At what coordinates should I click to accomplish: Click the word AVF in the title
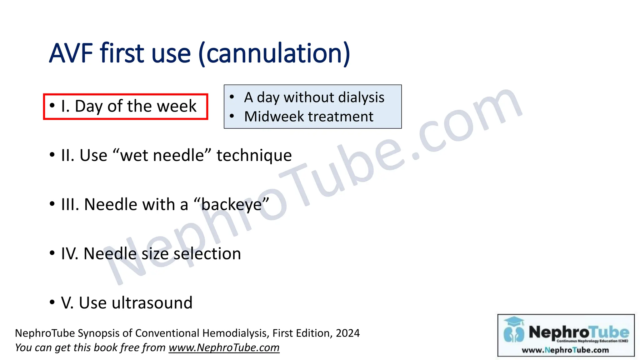pyautogui.click(x=71, y=53)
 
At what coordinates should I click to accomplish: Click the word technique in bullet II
pyautogui.click(x=254, y=155)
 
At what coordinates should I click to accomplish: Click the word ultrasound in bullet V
pyautogui.click(x=152, y=302)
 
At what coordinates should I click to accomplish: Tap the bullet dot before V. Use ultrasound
pyautogui.click(x=52, y=302)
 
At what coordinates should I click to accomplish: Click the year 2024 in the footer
pyautogui.click(x=347, y=333)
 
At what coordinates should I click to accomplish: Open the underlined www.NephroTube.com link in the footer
pyautogui.click(x=224, y=347)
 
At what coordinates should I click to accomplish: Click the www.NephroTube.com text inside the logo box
pyautogui.click(x=565, y=350)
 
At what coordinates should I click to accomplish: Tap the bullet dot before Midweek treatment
pyautogui.click(x=232, y=116)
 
